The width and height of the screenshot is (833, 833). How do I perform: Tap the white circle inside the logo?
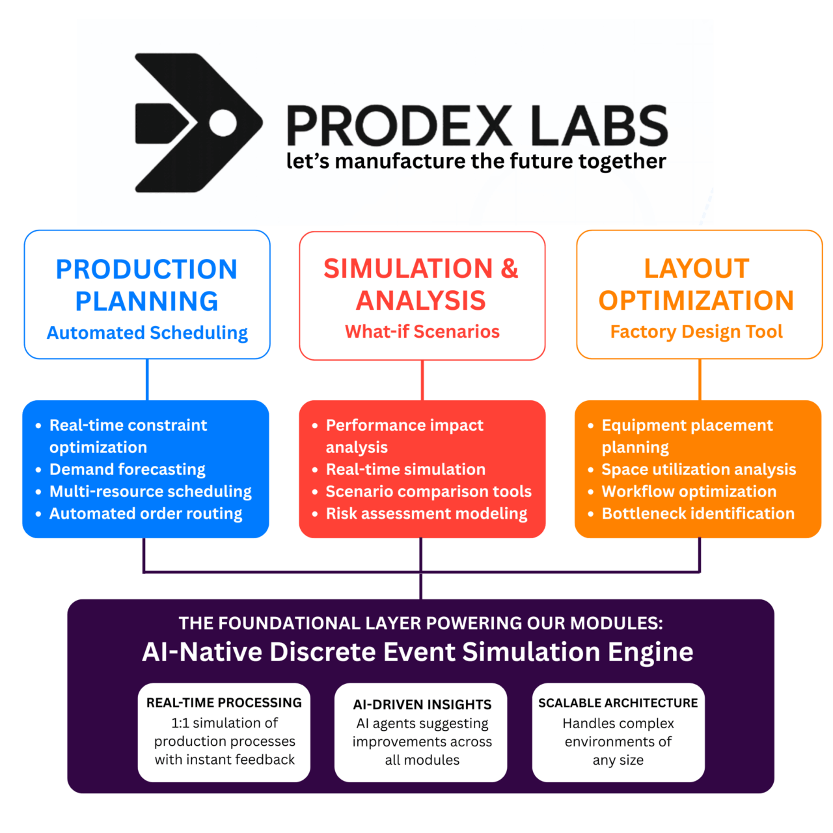pos(223,122)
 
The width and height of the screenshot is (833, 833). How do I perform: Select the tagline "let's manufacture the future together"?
pos(476,161)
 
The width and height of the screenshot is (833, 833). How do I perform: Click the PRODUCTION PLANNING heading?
pos(146,285)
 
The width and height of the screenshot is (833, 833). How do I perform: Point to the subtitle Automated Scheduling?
pos(147,333)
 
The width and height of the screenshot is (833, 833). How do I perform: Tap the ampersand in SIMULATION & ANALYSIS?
pos(509,269)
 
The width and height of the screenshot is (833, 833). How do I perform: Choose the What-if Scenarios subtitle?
pos(422,331)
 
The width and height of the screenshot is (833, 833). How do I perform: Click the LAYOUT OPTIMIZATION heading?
pos(696,284)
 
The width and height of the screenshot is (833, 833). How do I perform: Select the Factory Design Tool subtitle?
pos(696,331)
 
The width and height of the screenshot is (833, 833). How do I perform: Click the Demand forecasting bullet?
pos(128,469)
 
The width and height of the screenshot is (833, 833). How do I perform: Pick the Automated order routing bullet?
pos(146,513)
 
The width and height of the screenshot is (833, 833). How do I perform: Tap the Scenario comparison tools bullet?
pos(428,491)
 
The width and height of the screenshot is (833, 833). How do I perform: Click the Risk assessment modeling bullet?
pos(426,513)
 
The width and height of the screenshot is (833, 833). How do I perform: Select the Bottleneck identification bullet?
pos(698,513)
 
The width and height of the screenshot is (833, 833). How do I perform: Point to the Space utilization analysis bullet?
pos(699,469)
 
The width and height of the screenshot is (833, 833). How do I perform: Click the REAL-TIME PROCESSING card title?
pos(224,703)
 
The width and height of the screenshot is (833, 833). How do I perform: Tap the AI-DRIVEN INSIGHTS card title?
pos(422,704)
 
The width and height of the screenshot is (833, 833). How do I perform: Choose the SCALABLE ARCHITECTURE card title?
pos(618,703)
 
